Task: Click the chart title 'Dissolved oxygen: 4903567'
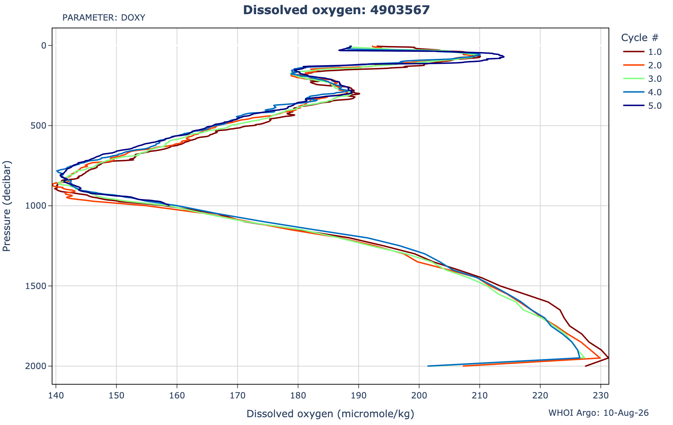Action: [336, 10]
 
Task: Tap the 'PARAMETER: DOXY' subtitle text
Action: [104, 18]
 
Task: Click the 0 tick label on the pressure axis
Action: [44, 45]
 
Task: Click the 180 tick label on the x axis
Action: [298, 394]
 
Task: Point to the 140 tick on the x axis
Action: [56, 394]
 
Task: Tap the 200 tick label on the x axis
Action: [419, 394]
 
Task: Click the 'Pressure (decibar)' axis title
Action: [7, 206]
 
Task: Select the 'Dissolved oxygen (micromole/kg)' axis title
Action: [330, 414]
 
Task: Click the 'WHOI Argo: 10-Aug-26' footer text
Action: [599, 413]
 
